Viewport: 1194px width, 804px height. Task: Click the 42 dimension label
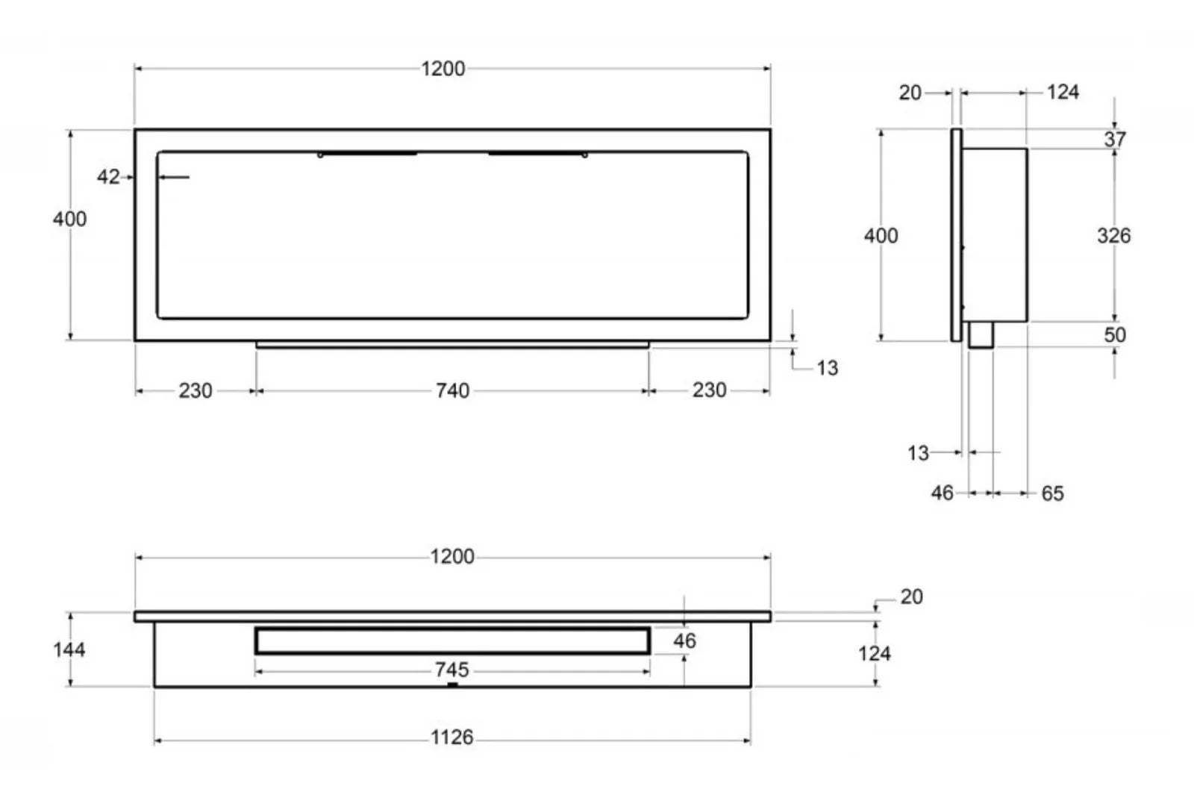107,177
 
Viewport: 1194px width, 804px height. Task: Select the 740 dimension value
452,390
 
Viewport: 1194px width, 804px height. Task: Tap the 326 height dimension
1113,236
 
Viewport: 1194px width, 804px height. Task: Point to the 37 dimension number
1115,139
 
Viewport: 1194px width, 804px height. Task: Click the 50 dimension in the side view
1115,334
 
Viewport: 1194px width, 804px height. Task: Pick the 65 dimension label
1052,493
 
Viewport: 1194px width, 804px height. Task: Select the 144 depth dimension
69,649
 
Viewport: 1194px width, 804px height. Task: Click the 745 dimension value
452,670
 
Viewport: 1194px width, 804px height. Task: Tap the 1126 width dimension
452,738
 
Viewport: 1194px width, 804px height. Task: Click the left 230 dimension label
196,390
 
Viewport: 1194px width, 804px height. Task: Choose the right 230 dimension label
709,390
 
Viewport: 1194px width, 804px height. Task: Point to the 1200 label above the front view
443,69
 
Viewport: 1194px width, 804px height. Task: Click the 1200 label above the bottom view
452,557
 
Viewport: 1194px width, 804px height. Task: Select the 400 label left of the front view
69,219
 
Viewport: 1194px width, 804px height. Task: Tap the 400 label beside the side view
881,236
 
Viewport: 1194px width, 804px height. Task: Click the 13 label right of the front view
827,368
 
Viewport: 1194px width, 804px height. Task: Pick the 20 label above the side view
910,93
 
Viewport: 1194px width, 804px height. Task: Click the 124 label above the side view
1063,92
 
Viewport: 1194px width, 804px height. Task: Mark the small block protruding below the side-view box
981,334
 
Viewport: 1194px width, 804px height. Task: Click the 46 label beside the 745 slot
684,641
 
